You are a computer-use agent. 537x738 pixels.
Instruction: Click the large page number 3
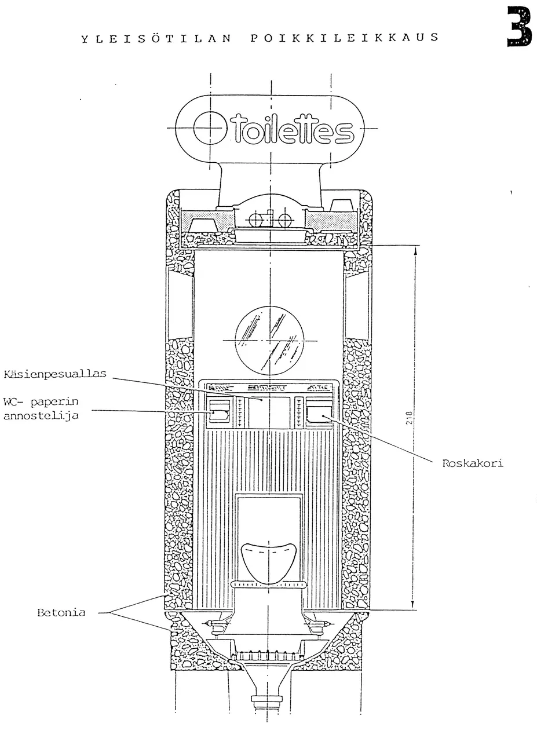[519, 27]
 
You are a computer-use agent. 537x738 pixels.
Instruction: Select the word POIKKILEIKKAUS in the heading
[345, 37]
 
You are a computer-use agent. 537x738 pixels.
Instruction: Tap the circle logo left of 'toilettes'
[210, 128]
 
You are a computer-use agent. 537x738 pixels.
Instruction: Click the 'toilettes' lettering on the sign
[292, 130]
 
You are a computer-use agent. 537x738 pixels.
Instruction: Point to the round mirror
[269, 341]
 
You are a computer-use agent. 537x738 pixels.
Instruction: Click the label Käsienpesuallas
[55, 374]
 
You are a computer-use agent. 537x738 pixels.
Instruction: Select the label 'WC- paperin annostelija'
[41, 408]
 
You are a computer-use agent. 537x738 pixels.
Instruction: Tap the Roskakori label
[473, 463]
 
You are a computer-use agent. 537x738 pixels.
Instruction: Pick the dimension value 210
[409, 418]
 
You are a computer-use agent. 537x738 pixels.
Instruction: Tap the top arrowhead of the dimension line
[416, 250]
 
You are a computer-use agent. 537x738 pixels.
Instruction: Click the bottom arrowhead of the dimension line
[412, 605]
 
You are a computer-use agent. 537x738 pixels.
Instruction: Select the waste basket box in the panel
[319, 414]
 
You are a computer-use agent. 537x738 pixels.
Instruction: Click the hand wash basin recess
[269, 412]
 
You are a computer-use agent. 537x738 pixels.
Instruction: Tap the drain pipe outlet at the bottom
[267, 708]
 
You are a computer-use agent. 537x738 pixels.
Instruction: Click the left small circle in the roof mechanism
[255, 220]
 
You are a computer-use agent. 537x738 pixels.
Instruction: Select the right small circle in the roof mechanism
[284, 220]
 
